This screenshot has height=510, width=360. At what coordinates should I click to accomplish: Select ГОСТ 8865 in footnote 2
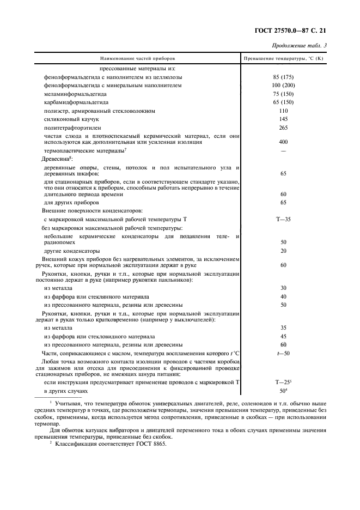[154, 444]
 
